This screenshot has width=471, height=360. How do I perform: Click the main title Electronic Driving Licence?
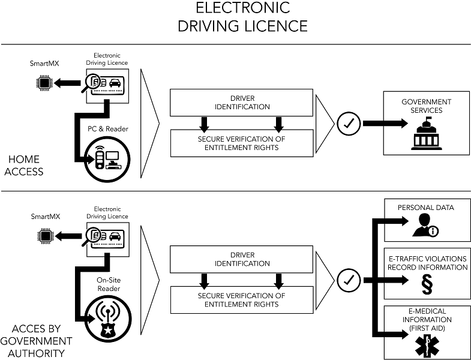(244, 17)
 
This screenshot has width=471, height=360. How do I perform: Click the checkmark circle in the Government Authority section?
(348, 279)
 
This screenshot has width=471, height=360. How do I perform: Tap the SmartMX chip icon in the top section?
(44, 83)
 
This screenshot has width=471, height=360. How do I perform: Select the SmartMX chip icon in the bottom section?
(44, 236)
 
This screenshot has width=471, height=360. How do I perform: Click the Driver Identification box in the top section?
(241, 103)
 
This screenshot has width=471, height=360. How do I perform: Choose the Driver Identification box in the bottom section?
(241, 259)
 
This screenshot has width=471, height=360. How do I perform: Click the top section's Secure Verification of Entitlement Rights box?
(241, 143)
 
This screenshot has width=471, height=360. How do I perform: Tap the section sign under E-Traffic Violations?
(427, 283)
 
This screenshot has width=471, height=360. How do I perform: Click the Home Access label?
(25, 165)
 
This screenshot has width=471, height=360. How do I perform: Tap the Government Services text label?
(426, 106)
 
